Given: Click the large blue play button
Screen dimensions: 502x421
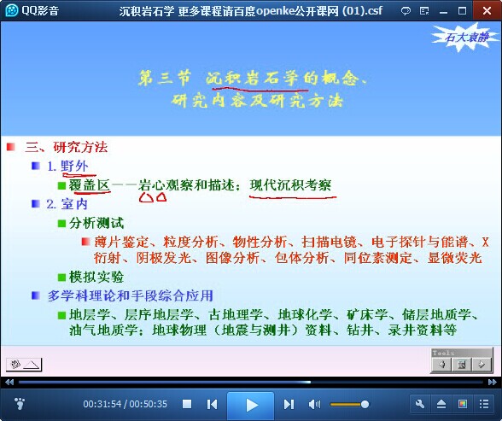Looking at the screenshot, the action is point(251,405).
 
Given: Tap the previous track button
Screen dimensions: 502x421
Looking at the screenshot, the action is point(212,405).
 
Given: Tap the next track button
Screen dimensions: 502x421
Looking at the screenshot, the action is point(289,405).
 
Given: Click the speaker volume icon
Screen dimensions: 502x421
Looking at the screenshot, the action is point(314,405).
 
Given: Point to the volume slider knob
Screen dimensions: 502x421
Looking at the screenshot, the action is point(365,405).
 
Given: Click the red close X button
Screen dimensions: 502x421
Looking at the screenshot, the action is point(487,11).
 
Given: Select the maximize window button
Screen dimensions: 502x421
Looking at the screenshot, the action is point(463,11).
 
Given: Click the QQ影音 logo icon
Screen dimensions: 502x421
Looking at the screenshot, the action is point(12,10).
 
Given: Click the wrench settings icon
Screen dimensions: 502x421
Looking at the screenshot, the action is point(420,404).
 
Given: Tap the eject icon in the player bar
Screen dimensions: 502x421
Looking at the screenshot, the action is point(441,404).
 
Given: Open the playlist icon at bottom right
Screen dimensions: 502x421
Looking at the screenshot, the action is point(484,404).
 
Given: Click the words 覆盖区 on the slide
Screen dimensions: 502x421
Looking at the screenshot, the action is point(90,185).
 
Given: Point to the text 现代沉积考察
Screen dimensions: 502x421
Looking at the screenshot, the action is point(290,185).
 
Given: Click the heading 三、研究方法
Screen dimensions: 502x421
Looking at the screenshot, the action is point(67,147).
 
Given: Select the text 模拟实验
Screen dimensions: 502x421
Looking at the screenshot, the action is point(96,277).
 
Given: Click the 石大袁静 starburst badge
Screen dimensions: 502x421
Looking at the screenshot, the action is point(466,37).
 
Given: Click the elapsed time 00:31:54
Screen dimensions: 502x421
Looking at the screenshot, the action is point(102,404).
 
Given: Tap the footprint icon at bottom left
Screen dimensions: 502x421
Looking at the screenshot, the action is point(20,403).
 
